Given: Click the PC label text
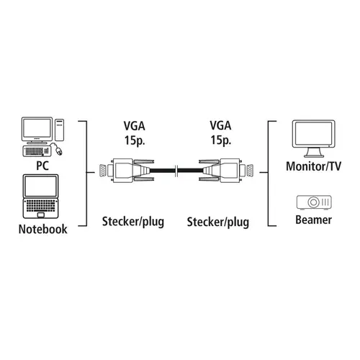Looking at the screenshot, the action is point(42,166).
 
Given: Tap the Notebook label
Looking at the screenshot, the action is point(43,229).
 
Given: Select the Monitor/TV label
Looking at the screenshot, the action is point(313,166).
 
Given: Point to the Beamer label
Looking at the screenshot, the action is point(313,220).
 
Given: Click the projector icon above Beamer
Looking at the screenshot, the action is point(314,202).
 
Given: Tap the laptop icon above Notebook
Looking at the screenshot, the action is point(40,197).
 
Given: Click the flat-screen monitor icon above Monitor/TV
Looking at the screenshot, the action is point(313,138).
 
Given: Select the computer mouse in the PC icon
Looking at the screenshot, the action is point(59,151).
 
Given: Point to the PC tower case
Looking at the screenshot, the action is point(59,130).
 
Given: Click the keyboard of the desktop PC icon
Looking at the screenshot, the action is point(37,151).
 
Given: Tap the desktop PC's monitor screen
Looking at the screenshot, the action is point(37,129).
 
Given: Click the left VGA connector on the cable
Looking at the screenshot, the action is point(127,170).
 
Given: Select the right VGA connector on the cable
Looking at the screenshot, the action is point(226,170).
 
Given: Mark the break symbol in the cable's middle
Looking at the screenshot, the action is point(176,171).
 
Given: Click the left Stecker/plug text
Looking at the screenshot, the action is point(133,222).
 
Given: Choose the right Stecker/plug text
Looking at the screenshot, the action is point(218,222).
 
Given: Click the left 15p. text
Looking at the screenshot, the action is point(135,140).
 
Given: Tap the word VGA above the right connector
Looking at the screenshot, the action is point(220,125).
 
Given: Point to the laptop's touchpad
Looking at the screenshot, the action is point(41,215).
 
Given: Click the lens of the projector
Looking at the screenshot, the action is point(313,202).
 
